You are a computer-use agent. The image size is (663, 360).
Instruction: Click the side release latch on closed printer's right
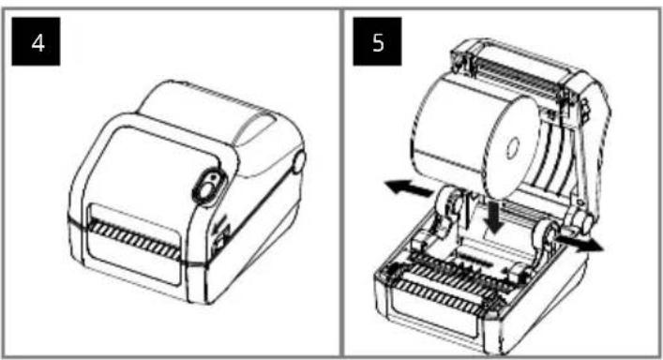click(x=299, y=162)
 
